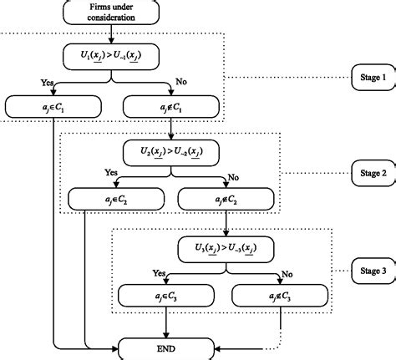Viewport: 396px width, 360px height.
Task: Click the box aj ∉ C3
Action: [281, 295]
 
